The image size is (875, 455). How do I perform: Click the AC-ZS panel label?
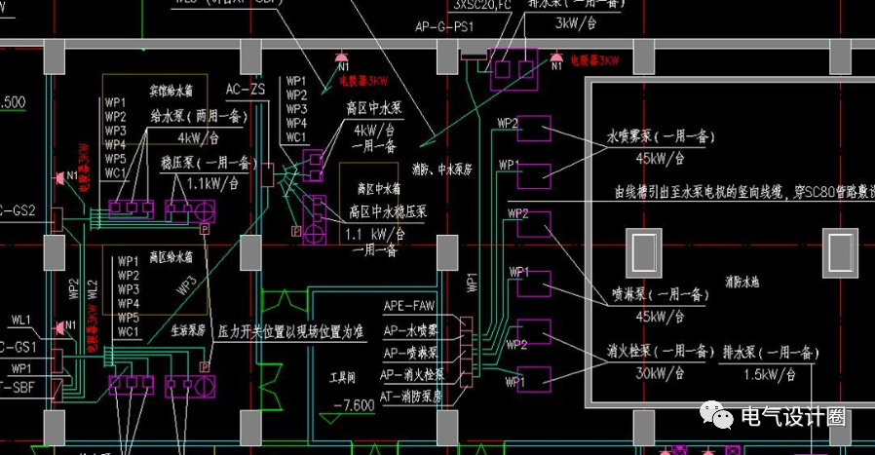(x=246, y=90)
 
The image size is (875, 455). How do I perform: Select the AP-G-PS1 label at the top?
(x=443, y=27)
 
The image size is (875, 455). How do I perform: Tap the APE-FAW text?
(x=409, y=306)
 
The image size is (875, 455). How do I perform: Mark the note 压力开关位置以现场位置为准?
(x=291, y=332)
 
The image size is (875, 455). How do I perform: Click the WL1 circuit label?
(x=21, y=320)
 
